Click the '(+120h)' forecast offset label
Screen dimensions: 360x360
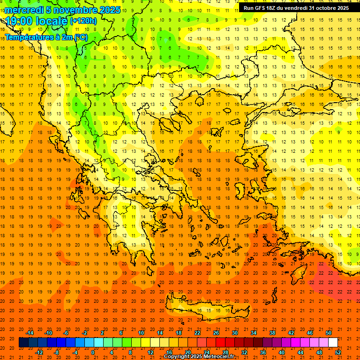(x=83, y=21)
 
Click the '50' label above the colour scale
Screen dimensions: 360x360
(x=328, y=333)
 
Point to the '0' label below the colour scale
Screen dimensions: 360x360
(x=93, y=352)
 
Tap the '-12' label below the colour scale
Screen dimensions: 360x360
(x=39, y=352)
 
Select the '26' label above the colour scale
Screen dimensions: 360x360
(x=216, y=333)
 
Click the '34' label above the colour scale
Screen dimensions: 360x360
(x=254, y=333)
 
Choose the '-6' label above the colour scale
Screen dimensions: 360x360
(x=67, y=333)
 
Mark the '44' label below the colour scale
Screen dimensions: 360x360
(x=300, y=352)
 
